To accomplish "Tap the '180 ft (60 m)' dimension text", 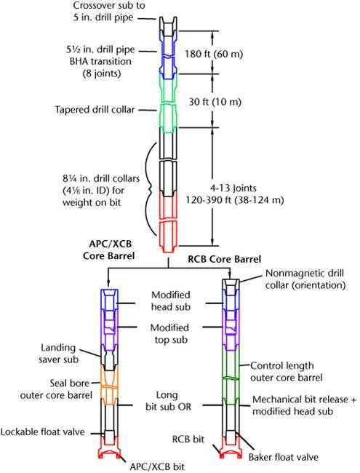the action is (214, 54).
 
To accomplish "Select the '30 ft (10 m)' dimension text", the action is (215, 102).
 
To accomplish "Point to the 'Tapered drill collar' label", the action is (95, 109).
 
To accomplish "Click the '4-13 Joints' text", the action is (233, 188).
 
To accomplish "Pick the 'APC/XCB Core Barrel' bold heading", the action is (108, 250).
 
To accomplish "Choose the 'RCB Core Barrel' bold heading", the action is (224, 259).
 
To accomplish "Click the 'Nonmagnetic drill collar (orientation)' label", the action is (305, 279).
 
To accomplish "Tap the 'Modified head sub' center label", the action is (171, 301).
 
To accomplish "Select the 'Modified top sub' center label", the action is (169, 333).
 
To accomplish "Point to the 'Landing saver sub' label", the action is (58, 354).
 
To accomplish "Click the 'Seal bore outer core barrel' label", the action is (56, 389).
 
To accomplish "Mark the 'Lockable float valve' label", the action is (42, 432).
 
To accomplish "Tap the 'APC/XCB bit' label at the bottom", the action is (157, 466).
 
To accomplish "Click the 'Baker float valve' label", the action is (283, 457).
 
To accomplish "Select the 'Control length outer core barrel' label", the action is (286, 372).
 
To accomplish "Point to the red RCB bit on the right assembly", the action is (231, 447).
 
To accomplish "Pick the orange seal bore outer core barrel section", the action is (109, 385).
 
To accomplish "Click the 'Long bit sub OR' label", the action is (168, 401).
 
